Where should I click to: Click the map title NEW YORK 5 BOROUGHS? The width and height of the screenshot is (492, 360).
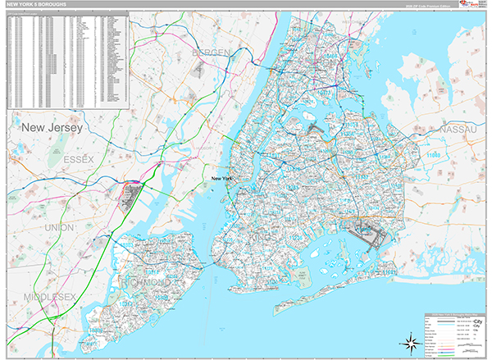38,5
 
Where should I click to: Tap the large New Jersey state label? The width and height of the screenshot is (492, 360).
55,128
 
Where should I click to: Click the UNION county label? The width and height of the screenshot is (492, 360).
60,227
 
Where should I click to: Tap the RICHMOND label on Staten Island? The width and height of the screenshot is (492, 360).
148,282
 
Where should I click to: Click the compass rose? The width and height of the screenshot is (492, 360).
408,339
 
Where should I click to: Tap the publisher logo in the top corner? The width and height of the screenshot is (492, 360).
475,5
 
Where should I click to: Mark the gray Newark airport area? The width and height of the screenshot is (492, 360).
131,197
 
